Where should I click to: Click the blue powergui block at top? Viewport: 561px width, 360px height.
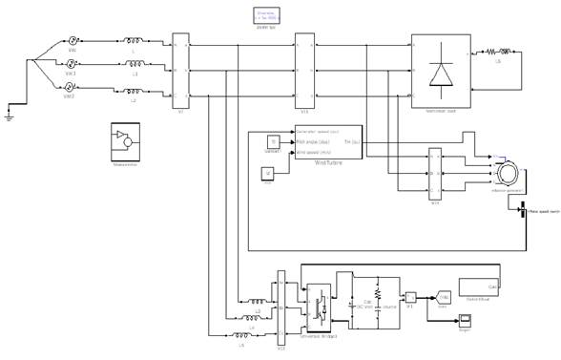click(x=264, y=13)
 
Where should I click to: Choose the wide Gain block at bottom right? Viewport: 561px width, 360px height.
click(x=482, y=287)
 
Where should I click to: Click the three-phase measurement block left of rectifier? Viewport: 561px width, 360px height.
click(x=304, y=68)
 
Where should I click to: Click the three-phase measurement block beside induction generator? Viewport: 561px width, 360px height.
click(x=435, y=171)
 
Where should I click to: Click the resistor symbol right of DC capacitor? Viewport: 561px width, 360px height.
click(x=378, y=295)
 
